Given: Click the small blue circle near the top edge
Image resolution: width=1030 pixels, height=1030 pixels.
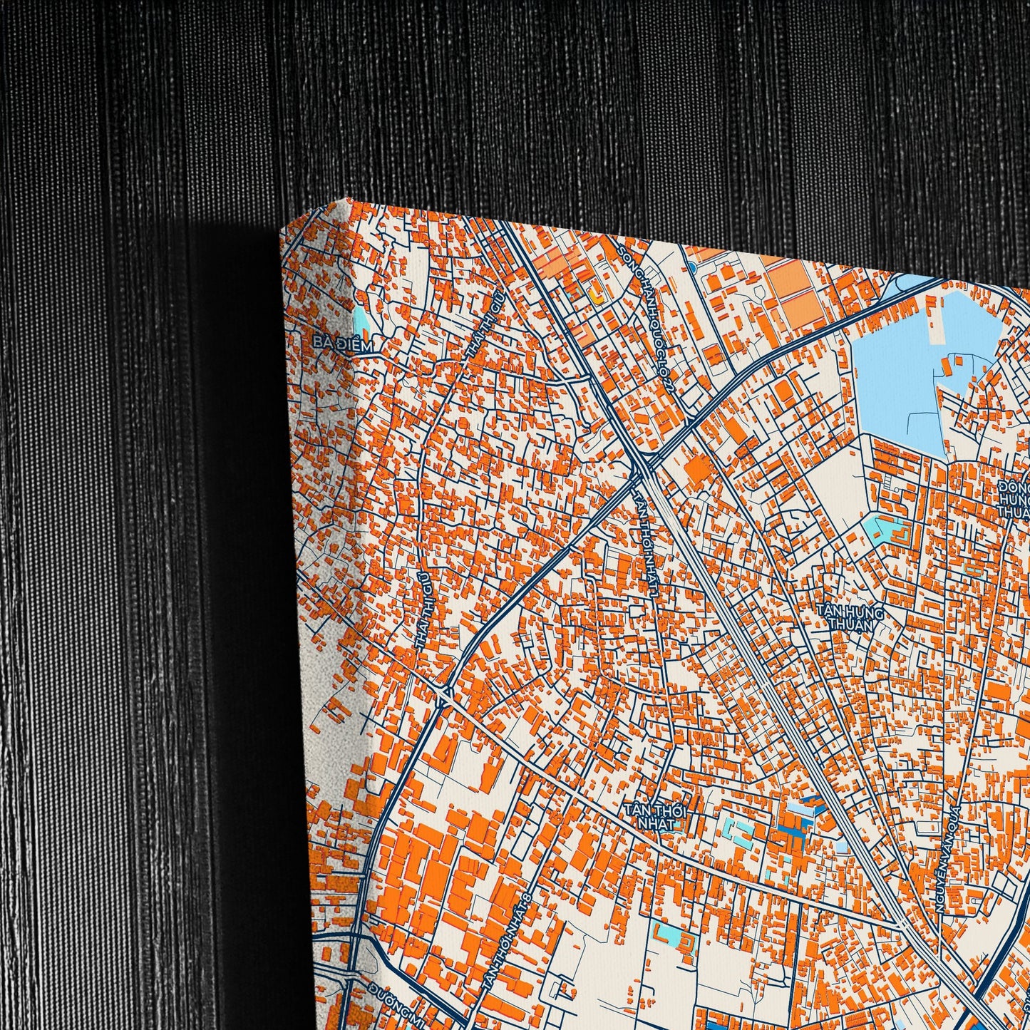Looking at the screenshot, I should coord(691,267).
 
